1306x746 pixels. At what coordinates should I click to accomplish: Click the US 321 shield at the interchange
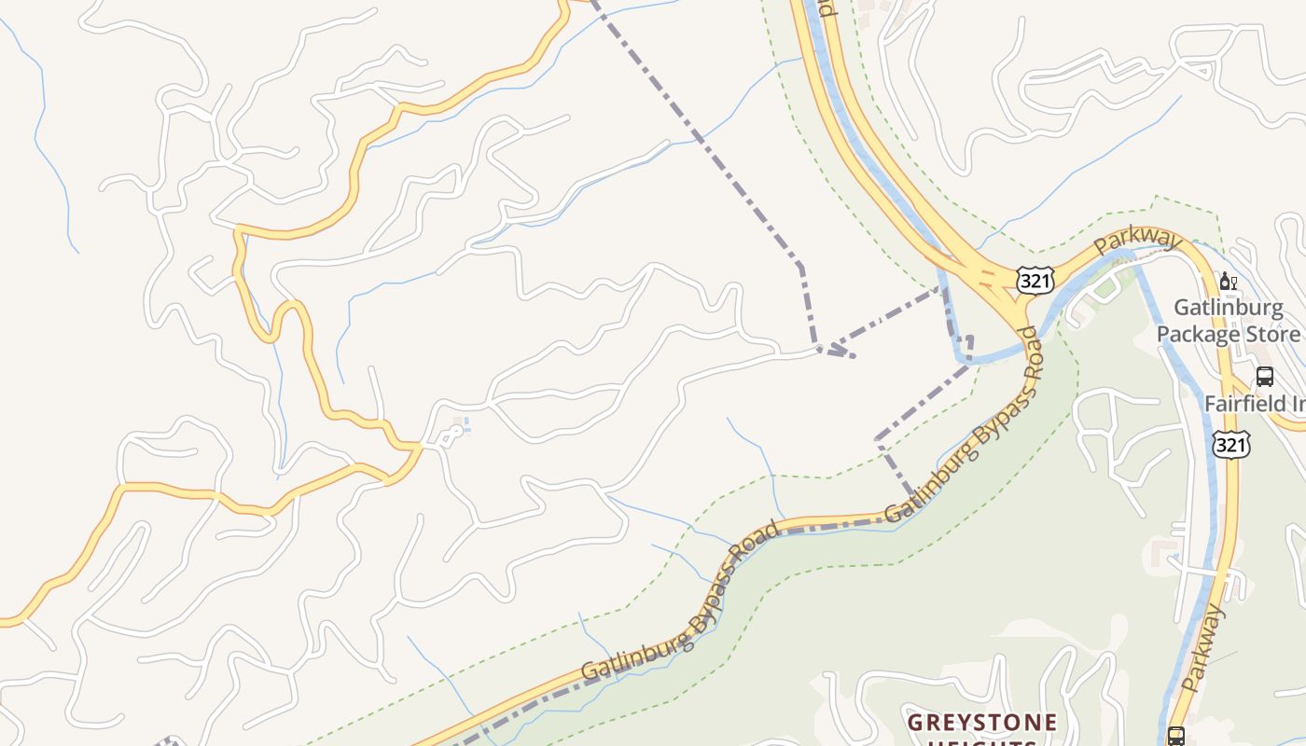pyautogui.click(x=1035, y=280)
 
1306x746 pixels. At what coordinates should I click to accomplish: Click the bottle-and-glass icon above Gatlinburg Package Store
pyautogui.click(x=1229, y=282)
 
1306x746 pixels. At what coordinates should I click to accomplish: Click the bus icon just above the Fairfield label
pyautogui.click(x=1265, y=377)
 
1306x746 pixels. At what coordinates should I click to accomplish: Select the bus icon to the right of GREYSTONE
pyautogui.click(x=1176, y=736)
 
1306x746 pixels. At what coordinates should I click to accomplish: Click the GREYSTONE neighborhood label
pyautogui.click(x=982, y=723)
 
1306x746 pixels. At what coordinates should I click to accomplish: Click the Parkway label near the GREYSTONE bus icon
pyautogui.click(x=1202, y=648)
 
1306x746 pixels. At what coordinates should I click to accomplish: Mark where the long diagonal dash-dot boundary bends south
pyautogui.click(x=800, y=266)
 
